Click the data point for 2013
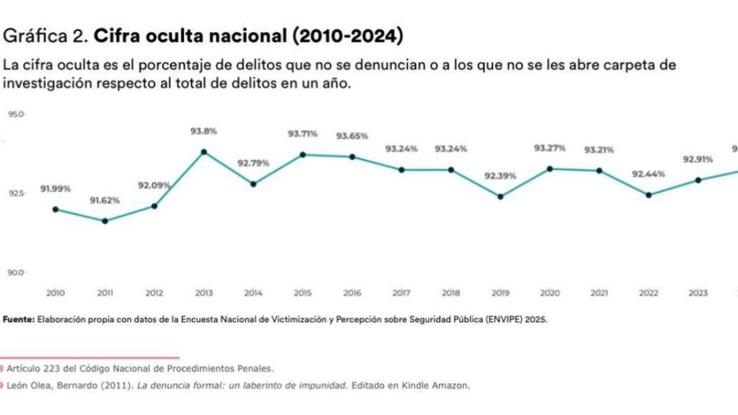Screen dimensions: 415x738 point(204,152)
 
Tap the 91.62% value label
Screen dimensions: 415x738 point(105,200)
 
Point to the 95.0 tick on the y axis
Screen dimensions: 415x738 point(16,114)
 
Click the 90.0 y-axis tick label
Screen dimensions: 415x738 point(16,272)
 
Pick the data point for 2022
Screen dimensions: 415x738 point(649,195)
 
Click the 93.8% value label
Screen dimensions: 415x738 point(204,131)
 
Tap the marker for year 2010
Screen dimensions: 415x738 point(55,210)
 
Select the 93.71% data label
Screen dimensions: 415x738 point(303,133)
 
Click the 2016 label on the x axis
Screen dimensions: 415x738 point(351,293)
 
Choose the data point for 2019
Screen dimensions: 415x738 point(500,197)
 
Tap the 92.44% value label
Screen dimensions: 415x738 point(648,174)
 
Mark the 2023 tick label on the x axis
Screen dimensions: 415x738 point(698,293)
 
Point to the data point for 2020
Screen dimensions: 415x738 point(549,169)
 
